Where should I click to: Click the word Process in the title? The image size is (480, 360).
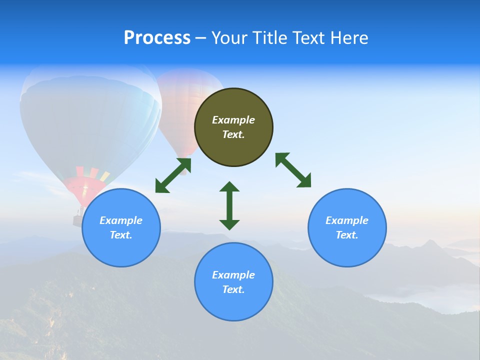click(x=157, y=38)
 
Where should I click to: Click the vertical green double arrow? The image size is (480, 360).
click(x=229, y=205)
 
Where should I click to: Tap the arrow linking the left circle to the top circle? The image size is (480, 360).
click(x=173, y=175)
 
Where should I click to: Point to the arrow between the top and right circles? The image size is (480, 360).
click(x=293, y=170)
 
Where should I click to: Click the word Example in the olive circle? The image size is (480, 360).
click(x=233, y=120)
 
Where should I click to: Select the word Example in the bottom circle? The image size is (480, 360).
click(x=233, y=275)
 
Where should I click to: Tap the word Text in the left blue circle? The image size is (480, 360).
click(x=120, y=235)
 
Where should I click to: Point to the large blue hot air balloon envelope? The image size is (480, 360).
click(x=90, y=120)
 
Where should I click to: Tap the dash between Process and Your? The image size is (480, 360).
click(x=200, y=38)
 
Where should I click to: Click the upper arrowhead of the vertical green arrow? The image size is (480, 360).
click(x=229, y=187)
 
